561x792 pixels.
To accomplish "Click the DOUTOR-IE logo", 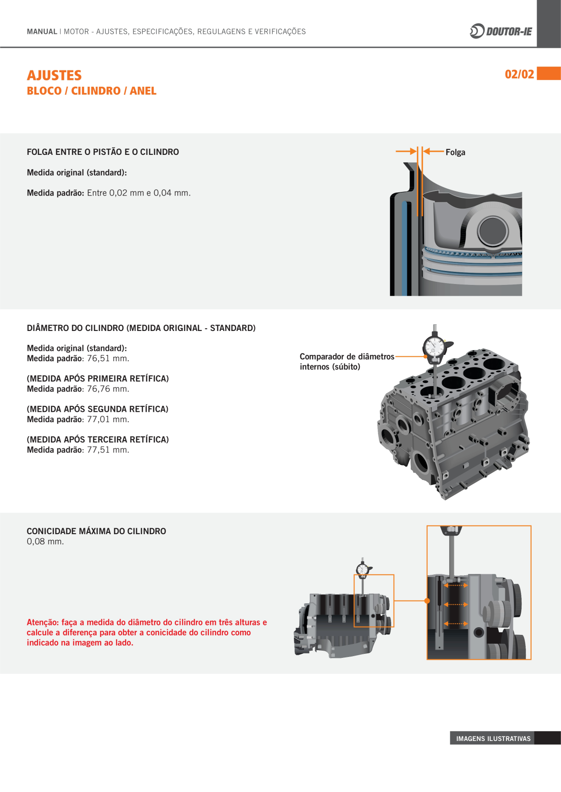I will click(x=501, y=31).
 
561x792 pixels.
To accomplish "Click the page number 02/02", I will click(x=519, y=74).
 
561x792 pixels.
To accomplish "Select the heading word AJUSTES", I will click(x=54, y=75).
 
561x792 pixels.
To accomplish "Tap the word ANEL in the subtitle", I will click(x=143, y=91).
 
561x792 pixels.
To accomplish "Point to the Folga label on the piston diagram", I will click(x=455, y=152).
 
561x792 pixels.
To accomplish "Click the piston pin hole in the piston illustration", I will click(x=493, y=231).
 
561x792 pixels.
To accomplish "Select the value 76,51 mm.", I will click(x=108, y=359).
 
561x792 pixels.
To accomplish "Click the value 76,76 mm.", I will click(x=108, y=389).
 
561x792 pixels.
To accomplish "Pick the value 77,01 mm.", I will click(x=108, y=419).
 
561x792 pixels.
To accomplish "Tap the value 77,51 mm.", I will click(x=108, y=450).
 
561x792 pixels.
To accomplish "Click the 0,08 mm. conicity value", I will click(x=45, y=541).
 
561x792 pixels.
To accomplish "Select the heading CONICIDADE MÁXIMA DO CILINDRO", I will click(x=96, y=531).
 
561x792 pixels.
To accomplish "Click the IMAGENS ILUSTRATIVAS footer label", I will click(x=493, y=739).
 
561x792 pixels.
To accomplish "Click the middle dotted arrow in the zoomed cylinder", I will click(x=456, y=604).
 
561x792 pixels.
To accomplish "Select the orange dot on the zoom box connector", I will click(x=427, y=601).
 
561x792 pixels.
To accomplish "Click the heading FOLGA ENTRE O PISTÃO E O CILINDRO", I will click(x=103, y=152).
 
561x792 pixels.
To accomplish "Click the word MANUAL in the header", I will click(x=42, y=32).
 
